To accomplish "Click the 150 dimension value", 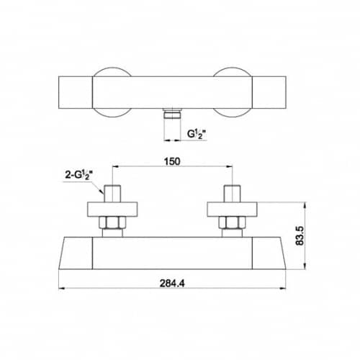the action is tap(172, 161).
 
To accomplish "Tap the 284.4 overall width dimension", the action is tap(172, 284).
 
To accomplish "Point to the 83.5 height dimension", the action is tap(300, 235).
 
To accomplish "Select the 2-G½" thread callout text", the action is tap(79, 175).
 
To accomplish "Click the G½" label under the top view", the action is tap(197, 134).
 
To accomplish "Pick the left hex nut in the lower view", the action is tap(112, 222).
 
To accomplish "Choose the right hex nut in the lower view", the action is tap(232, 222).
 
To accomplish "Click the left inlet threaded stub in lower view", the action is tap(112, 194).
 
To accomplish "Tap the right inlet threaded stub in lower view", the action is tap(232, 194).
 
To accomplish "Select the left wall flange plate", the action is tap(112, 210).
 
